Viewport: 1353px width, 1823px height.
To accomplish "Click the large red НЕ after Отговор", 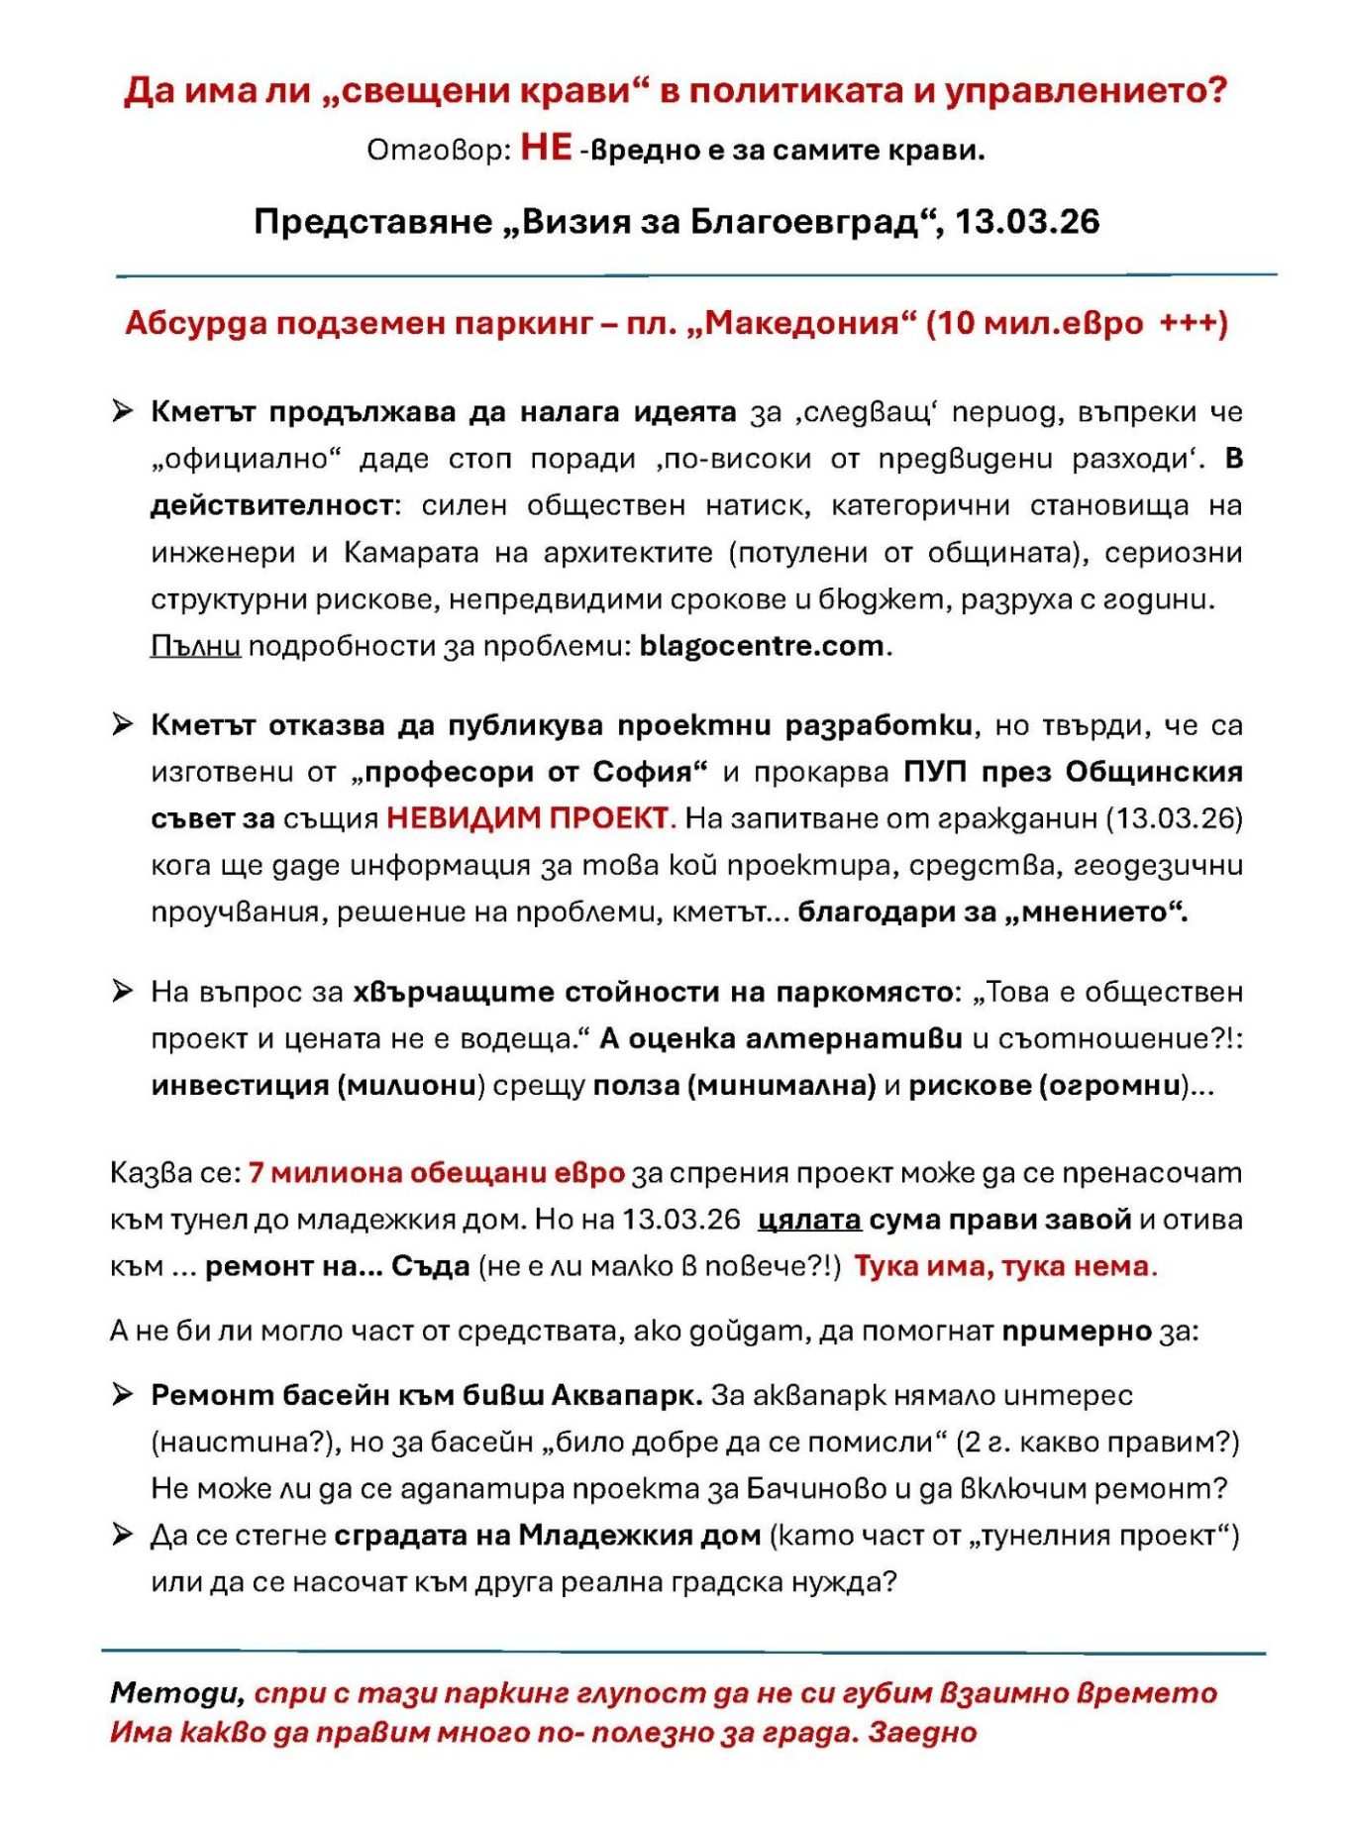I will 546,148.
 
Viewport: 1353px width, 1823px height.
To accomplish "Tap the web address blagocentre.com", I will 762,646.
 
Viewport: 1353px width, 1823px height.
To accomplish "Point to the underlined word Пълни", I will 195,646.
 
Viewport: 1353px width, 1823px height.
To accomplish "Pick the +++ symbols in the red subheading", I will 1193,323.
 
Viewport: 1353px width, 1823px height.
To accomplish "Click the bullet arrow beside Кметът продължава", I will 122,411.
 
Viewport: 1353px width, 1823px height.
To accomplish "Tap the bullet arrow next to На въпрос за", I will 122,991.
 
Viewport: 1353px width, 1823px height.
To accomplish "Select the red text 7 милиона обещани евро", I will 436,1173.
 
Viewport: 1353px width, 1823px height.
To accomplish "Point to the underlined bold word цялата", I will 808,1220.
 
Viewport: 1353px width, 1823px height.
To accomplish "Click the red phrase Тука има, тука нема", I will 1004,1266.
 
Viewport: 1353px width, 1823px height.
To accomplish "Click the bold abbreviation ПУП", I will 930,772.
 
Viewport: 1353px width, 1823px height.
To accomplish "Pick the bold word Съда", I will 430,1266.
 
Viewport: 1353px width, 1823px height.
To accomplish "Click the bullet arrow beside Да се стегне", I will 122,1535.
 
